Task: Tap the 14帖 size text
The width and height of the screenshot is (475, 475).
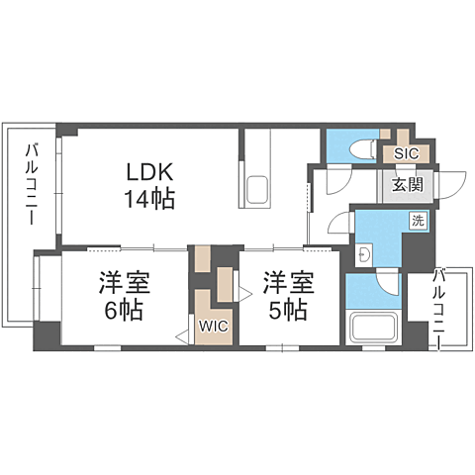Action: click(x=150, y=198)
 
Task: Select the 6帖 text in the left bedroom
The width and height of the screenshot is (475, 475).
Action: click(x=124, y=310)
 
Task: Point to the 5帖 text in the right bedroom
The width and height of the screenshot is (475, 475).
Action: click(x=288, y=310)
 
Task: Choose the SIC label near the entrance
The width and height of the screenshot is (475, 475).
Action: click(x=406, y=153)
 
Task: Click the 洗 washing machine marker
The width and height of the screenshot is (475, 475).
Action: click(x=418, y=222)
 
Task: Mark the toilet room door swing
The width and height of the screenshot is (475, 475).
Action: click(x=336, y=179)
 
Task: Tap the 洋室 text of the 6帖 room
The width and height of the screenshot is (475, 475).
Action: click(x=124, y=282)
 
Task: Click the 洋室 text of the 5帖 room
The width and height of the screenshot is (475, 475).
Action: click(x=288, y=282)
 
